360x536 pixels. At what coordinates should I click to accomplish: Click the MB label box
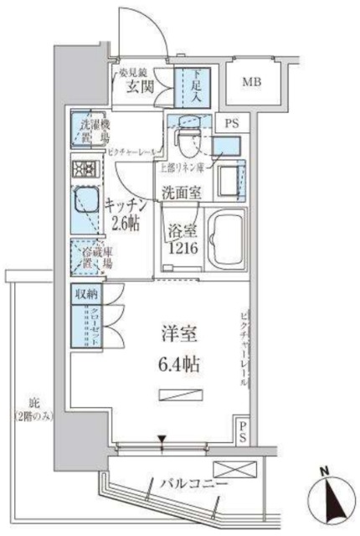click(251, 82)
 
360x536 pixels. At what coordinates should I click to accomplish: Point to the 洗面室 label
click(181, 192)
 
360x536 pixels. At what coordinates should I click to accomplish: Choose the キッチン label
click(127, 204)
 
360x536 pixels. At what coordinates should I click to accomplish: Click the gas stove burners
click(85, 168)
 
